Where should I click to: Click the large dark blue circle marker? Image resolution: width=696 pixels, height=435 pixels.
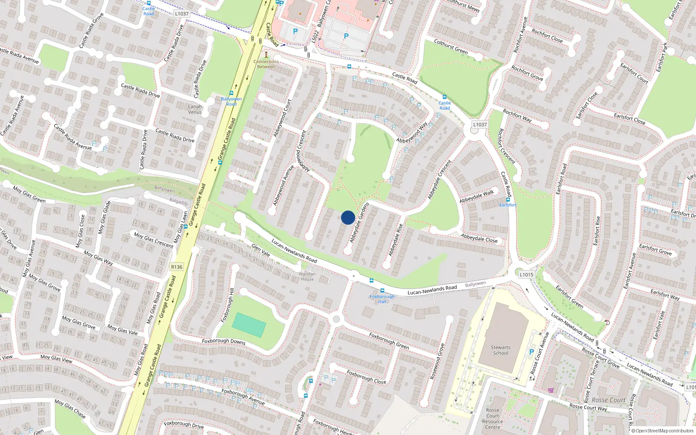pos(348,217)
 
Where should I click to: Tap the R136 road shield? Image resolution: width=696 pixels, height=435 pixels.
pos(177,267)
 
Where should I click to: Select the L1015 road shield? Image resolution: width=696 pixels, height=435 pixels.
pos(526,274)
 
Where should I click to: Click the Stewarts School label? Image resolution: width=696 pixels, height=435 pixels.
pos(501,350)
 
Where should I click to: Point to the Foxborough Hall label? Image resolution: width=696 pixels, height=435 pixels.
pos(382,299)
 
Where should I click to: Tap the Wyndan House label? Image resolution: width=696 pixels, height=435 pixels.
pos(307,276)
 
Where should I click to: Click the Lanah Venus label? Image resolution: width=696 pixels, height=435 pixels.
pos(195,109)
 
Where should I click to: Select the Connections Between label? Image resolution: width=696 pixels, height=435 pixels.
pos(266,64)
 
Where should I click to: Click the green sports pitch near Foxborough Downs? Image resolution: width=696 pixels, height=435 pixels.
pos(249,325)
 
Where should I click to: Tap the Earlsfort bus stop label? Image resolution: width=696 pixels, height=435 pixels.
pos(508,205)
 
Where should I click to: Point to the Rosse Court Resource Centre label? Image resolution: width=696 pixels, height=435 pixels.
pos(492,418)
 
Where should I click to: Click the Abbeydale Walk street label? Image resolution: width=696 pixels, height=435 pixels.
pos(477,197)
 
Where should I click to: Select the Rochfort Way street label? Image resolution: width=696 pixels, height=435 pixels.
pos(517,116)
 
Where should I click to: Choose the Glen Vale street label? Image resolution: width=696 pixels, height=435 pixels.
pos(261,250)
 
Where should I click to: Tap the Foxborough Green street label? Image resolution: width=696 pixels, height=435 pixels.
pos(389,341)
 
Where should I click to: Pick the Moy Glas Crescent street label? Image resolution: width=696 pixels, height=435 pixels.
pos(153,240)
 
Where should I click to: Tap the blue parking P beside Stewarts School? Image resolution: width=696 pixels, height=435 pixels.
pos(531,352)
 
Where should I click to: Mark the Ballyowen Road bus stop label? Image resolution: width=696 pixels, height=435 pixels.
pos(231,101)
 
